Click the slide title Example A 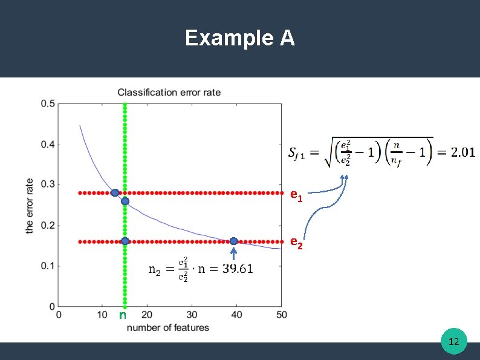coord(240,38)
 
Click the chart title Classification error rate coord(169,92)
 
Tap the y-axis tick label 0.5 coord(48,103)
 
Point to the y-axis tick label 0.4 coord(48,144)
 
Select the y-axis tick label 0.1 coord(48,266)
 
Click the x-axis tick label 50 coord(281,315)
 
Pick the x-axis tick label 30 coord(192,315)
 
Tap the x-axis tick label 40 coord(236,315)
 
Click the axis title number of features coord(168,327)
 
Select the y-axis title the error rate coord(30,205)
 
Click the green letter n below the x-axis coord(123,315)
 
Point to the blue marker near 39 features coord(233,241)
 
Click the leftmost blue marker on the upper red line coord(115,193)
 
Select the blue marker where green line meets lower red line coord(125,241)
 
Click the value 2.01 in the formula coord(463,152)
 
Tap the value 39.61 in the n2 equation coord(237,268)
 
